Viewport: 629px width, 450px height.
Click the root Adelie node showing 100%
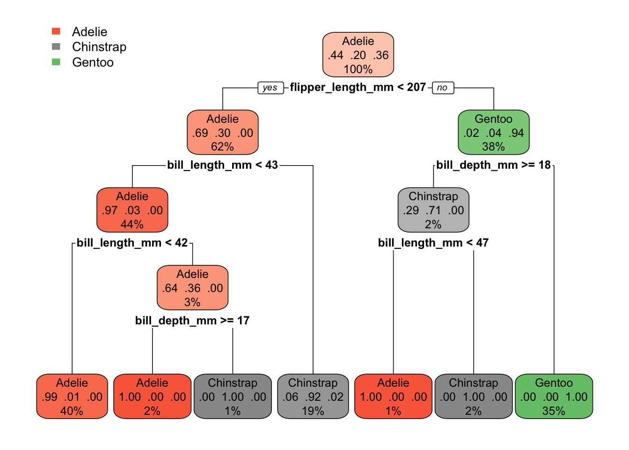click(x=358, y=55)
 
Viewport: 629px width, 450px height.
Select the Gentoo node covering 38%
click(x=493, y=133)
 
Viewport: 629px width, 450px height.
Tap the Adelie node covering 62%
click(x=222, y=133)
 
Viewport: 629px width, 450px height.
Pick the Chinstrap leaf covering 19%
click(x=313, y=397)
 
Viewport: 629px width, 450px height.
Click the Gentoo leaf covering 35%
click(x=554, y=397)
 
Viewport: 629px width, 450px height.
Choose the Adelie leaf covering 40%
click(x=72, y=397)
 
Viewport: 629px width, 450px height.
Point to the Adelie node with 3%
click(x=192, y=288)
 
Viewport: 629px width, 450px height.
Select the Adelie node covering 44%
click(x=132, y=210)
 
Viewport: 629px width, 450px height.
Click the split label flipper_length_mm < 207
click(x=358, y=87)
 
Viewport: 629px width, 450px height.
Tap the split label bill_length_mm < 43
click(x=222, y=165)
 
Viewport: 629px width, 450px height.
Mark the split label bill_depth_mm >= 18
click(x=493, y=165)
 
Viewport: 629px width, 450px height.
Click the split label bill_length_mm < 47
click(x=433, y=243)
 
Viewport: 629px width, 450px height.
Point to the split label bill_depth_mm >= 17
click(x=192, y=321)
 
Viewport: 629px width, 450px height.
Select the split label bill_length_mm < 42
click(x=132, y=243)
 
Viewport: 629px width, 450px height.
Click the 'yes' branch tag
click(x=271, y=88)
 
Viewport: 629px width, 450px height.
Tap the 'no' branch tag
click(x=442, y=88)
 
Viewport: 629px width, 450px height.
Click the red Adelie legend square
click(x=56, y=31)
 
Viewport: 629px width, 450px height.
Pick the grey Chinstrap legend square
click(x=56, y=46)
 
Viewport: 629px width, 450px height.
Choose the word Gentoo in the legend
click(x=93, y=62)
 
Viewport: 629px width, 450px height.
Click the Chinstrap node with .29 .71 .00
click(x=433, y=210)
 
